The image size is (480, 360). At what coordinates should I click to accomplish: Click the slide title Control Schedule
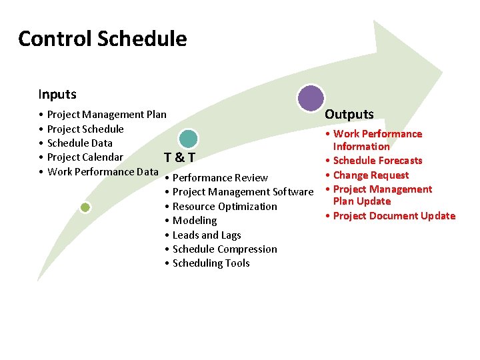(x=103, y=39)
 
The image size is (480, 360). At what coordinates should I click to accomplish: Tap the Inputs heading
(x=57, y=95)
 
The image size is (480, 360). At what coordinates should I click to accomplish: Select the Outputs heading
(x=349, y=114)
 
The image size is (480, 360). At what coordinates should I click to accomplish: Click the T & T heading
(x=179, y=157)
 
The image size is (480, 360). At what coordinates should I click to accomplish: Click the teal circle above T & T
(x=189, y=139)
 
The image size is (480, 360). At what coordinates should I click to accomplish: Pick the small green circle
(x=85, y=207)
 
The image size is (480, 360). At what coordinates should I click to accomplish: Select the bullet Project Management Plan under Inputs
(x=107, y=115)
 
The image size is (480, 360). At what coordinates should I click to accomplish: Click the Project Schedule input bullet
(x=85, y=129)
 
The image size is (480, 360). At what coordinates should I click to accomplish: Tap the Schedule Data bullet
(x=80, y=143)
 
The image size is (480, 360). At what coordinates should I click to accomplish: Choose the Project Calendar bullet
(x=85, y=157)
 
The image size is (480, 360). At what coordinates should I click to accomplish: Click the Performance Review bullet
(x=220, y=178)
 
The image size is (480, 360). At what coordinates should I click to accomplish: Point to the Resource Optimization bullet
(x=225, y=207)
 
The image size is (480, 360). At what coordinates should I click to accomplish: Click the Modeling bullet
(x=195, y=221)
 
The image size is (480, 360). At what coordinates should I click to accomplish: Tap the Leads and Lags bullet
(x=207, y=235)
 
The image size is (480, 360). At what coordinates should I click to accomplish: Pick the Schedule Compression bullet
(x=225, y=249)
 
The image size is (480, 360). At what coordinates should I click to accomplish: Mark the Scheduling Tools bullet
(x=211, y=263)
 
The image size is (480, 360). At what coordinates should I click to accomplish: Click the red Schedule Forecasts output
(x=377, y=161)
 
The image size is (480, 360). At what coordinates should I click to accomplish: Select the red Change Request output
(x=371, y=175)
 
